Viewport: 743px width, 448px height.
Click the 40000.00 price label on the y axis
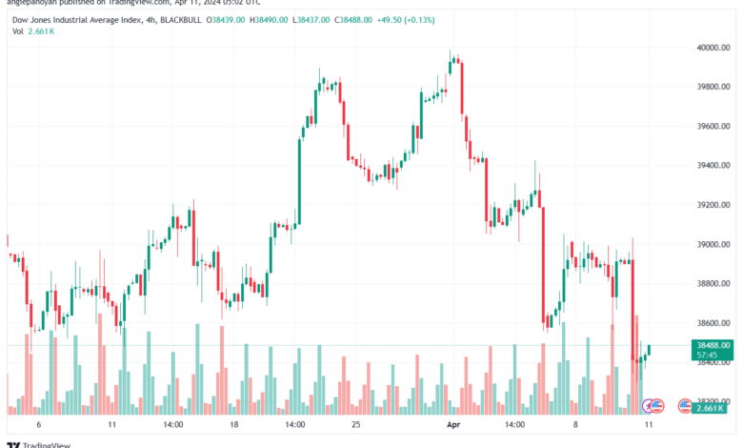coord(713,48)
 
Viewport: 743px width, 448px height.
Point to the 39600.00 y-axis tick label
coord(713,126)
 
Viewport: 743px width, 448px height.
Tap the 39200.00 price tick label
coord(713,205)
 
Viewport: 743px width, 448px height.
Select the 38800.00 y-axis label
coord(713,284)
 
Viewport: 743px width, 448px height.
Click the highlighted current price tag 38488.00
coord(713,345)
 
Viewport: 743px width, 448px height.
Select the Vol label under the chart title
coord(18,31)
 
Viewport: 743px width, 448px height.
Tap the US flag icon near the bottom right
coord(684,407)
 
